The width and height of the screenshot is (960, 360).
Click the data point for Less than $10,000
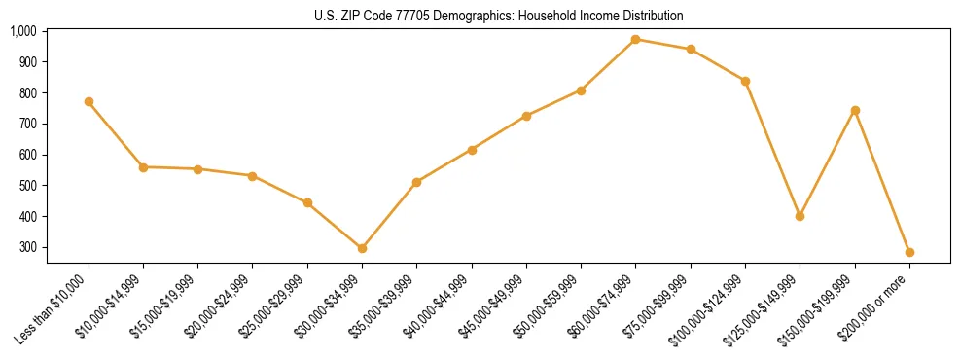pos(89,101)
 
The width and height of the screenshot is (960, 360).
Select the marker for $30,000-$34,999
pos(362,248)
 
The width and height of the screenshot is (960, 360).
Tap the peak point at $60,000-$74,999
pos(635,39)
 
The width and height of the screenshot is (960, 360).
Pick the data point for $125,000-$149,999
pos(800,216)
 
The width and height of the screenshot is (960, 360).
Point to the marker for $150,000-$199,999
pos(855,110)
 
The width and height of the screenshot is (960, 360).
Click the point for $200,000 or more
pos(909,252)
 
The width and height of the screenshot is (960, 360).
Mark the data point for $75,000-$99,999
pos(691,49)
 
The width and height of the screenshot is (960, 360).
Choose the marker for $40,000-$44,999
pos(472,150)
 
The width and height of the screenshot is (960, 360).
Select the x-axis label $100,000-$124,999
pos(710,307)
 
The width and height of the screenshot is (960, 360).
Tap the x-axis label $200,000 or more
pos(879,304)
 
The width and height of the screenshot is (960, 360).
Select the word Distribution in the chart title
pos(652,16)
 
